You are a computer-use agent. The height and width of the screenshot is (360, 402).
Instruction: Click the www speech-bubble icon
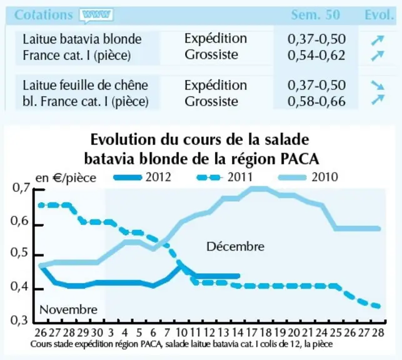96,16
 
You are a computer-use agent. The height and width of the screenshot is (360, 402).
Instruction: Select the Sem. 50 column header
315,15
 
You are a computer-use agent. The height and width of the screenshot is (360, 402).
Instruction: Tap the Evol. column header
379,15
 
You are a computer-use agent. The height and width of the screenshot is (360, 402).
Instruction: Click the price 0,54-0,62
316,56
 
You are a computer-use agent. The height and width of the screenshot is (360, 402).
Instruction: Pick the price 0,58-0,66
316,101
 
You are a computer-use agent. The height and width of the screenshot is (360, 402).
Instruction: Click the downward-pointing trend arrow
378,85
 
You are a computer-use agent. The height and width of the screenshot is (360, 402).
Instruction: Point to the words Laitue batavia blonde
82,39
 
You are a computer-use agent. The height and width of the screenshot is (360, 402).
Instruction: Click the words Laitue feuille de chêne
86,86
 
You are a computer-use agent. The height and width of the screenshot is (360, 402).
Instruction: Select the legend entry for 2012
143,177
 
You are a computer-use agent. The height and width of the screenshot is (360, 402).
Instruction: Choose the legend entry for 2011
224,177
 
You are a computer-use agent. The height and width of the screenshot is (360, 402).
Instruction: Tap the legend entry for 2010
308,177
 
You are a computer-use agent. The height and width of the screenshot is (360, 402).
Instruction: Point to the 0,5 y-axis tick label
19,253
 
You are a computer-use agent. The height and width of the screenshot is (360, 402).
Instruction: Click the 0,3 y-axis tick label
19,321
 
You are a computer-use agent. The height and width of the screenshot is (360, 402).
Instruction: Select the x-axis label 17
251,332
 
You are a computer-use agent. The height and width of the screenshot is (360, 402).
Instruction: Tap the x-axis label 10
181,332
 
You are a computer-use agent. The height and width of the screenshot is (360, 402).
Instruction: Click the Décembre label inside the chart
235,247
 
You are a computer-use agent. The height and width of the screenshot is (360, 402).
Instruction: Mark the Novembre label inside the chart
68,310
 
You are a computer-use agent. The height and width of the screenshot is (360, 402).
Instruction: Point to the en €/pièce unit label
66,178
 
